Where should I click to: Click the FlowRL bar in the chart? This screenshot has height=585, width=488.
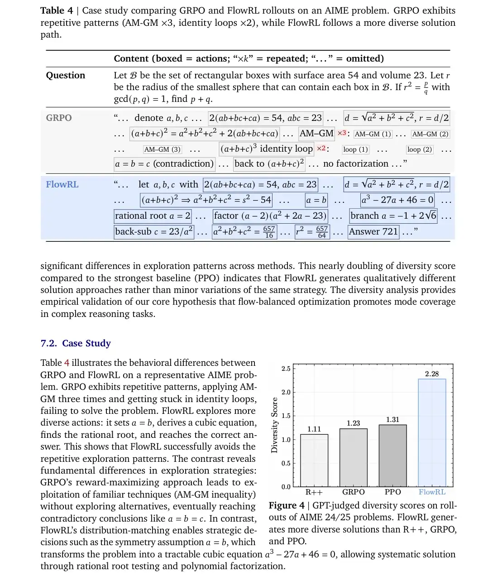click(432, 432)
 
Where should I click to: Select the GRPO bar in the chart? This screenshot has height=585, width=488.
click(353, 457)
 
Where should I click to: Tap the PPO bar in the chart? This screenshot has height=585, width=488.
click(392, 456)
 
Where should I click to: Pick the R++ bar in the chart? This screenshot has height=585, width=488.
click(314, 460)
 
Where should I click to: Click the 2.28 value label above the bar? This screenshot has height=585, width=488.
click(432, 374)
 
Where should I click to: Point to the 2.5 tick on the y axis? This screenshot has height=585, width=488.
click(286, 369)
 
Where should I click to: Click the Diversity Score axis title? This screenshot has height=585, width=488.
click(274, 425)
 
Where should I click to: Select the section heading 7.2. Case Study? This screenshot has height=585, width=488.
click(76, 343)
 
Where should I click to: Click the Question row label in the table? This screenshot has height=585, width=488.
click(66, 75)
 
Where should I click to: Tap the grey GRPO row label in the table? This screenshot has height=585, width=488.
click(59, 118)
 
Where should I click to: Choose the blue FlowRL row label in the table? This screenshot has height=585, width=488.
click(62, 184)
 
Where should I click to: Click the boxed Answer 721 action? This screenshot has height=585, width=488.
click(373, 232)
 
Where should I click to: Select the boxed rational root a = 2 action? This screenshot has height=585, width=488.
click(153, 216)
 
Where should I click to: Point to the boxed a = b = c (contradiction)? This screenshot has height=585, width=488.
click(164, 164)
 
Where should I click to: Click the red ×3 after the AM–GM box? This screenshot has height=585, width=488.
click(342, 133)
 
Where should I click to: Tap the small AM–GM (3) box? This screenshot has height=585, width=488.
click(163, 149)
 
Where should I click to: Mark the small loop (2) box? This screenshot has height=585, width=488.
click(420, 149)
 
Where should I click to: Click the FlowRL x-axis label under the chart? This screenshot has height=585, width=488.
click(432, 492)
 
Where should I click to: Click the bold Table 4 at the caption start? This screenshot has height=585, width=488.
click(58, 10)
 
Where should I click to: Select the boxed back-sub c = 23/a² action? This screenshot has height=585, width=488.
click(154, 232)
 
